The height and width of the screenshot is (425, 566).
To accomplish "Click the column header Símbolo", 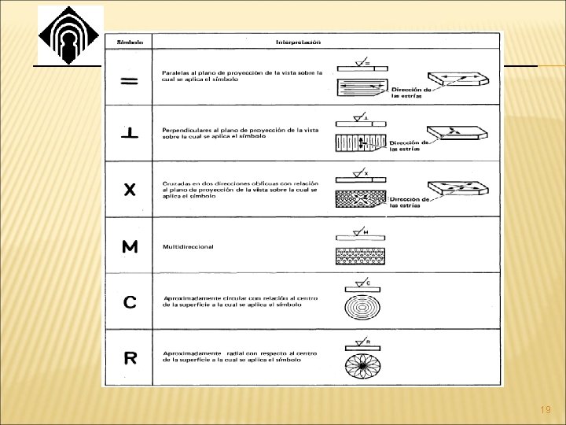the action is pyautogui.click(x=130, y=41).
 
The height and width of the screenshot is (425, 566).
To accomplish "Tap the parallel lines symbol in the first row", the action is pyautogui.click(x=130, y=81).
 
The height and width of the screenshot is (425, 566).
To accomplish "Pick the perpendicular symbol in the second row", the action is pyautogui.click(x=130, y=133).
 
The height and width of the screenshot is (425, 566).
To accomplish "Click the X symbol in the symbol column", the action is pyautogui.click(x=130, y=190).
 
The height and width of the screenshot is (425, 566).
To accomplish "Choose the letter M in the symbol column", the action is pyautogui.click(x=130, y=247).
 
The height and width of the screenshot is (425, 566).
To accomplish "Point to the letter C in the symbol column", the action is pyautogui.click(x=130, y=301).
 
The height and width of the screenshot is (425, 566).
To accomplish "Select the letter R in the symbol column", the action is pyautogui.click(x=130, y=358).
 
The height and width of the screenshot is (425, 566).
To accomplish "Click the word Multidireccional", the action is pyautogui.click(x=188, y=246).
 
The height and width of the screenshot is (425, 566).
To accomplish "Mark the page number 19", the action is pyautogui.click(x=546, y=411).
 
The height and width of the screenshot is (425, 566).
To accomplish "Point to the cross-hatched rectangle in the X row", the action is pyautogui.click(x=361, y=198).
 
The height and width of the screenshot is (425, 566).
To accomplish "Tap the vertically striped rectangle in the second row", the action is pyautogui.click(x=361, y=142).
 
